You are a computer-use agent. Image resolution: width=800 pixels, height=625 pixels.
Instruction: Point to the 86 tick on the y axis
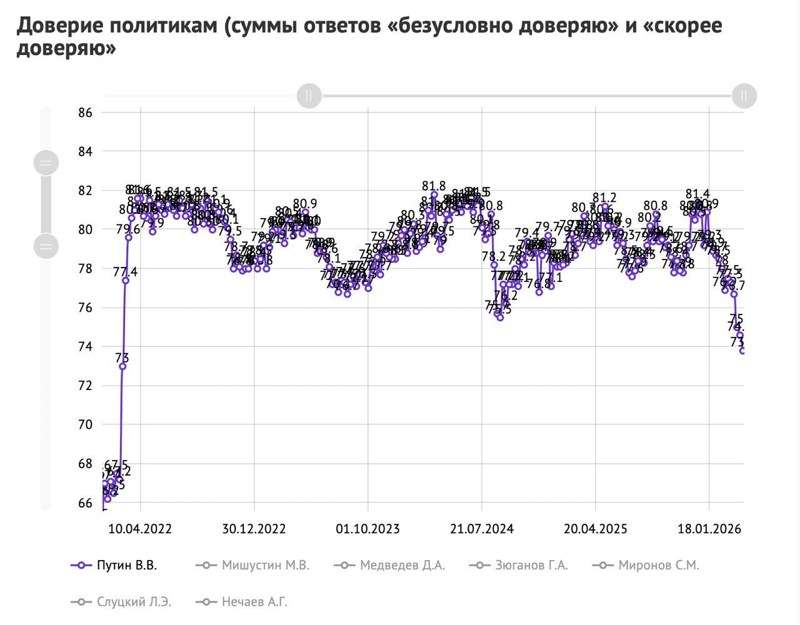pos(86,113)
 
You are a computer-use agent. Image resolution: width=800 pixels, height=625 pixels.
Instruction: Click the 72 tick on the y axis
pos(86,386)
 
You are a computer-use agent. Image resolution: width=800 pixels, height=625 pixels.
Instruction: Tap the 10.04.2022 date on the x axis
pos(140,529)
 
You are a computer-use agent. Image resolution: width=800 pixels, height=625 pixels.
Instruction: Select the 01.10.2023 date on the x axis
pos(367,529)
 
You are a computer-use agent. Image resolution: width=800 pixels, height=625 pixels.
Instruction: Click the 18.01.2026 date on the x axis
pos(709,529)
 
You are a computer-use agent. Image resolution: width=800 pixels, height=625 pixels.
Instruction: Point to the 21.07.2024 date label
pos(481,529)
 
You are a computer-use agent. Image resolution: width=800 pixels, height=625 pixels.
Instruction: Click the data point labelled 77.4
pos(126,281)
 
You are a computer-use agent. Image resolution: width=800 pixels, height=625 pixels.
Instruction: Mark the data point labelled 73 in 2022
pos(122,366)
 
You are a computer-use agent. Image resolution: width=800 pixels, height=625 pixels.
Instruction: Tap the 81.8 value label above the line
pos(434,186)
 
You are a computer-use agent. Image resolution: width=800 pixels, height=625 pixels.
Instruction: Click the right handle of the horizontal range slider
pos(744,96)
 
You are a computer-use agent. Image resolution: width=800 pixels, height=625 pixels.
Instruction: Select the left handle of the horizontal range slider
pos(309,96)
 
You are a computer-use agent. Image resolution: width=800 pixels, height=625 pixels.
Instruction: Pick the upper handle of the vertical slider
pos(46,163)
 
